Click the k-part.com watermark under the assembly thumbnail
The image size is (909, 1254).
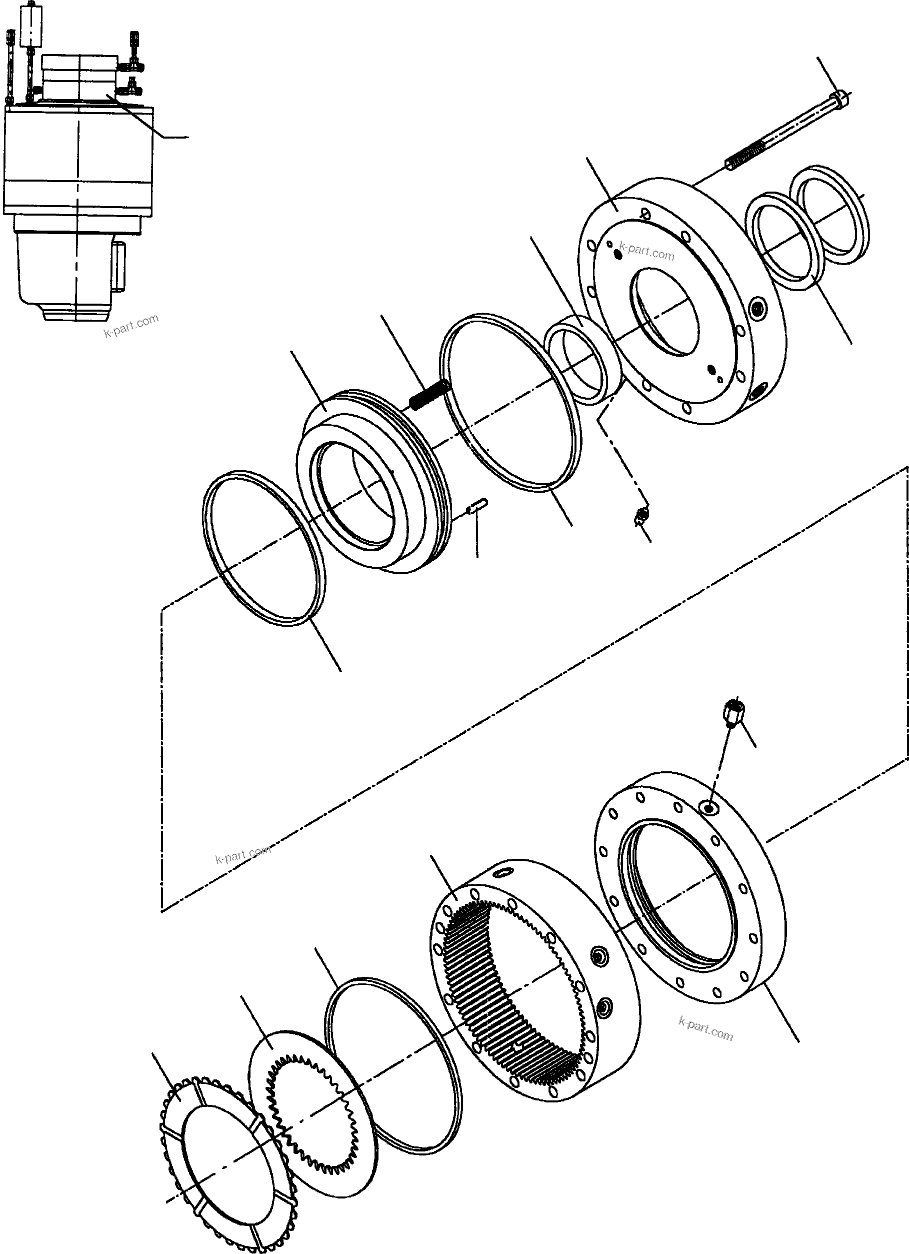click(x=131, y=326)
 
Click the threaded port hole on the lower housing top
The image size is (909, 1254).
click(x=708, y=809)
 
